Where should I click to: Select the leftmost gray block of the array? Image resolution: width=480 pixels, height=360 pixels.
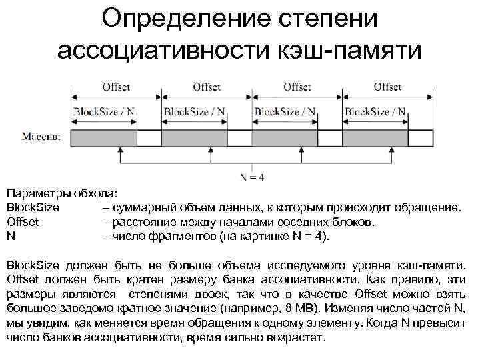pos(103,138)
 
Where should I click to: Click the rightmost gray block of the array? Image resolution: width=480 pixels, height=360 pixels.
pos(375,138)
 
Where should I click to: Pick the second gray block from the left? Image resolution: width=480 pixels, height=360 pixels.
pos(194,138)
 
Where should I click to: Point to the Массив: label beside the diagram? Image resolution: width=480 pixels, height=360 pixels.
pos(42,137)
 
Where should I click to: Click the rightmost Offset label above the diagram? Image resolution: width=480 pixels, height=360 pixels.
pos(387,87)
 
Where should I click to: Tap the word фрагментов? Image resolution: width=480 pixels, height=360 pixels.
pos(179,236)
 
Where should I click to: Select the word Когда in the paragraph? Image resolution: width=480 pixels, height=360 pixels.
pos(385,323)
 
